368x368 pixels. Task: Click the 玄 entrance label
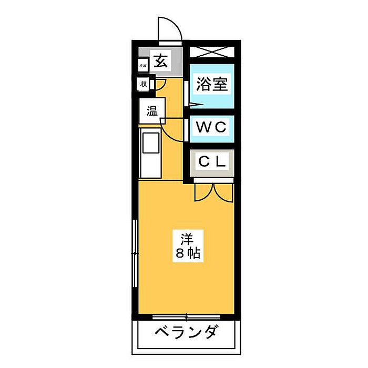[160, 61]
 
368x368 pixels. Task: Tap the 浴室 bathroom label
[212, 85]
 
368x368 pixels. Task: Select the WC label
[211, 127]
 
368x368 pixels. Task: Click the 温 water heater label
[152, 111]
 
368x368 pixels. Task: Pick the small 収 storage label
[144, 83]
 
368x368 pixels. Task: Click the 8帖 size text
[187, 255]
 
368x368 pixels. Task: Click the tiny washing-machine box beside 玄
[143, 66]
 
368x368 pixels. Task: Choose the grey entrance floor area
[171, 68]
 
